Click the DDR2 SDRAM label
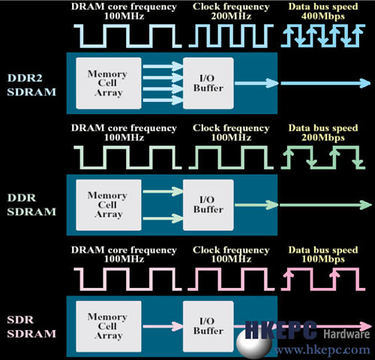[31, 85]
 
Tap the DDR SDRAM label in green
[31, 205]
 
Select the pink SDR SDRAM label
[31, 327]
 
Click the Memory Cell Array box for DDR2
[109, 83]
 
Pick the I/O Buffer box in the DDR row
[208, 205]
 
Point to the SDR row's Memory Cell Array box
[109, 326]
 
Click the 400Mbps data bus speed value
[323, 16]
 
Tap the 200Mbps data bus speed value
[323, 138]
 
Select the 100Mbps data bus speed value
[323, 259]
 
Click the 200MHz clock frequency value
[231, 16]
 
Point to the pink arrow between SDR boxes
[163, 326]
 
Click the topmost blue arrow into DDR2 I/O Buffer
[163, 67]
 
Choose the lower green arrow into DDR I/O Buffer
[163, 218]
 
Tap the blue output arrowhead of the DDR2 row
[365, 83]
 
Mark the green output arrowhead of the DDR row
[366, 205]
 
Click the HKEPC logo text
[281, 330]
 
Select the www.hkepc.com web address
[322, 349]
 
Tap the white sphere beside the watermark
[254, 344]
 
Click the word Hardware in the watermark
[346, 334]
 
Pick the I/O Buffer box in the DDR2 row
[208, 83]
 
